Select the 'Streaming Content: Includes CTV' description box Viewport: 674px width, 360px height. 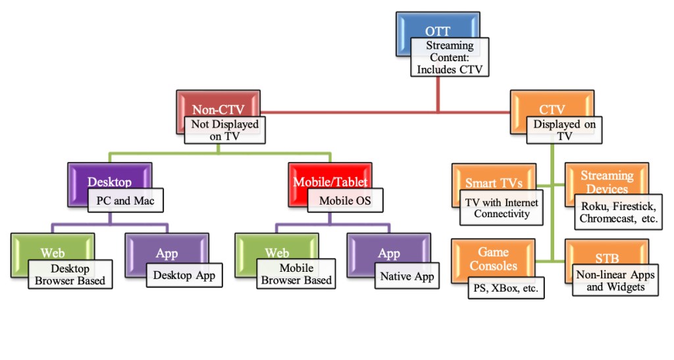click(450, 57)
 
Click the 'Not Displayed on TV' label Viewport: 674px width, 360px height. click(225, 130)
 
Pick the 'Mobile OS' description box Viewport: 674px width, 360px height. click(345, 200)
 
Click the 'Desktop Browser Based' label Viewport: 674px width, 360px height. click(70, 275)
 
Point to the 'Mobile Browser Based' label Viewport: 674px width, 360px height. click(296, 275)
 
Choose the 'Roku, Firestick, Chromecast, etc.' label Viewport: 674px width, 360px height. click(619, 212)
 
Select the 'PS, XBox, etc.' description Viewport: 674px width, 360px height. click(507, 288)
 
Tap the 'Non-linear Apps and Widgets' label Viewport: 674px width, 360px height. click(615, 280)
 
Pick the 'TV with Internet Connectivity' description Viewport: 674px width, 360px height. click(502, 208)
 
